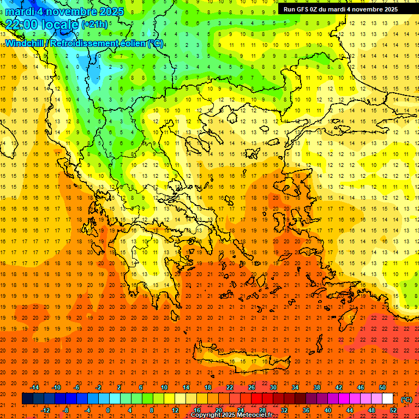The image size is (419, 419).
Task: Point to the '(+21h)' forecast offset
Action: click(x=95, y=25)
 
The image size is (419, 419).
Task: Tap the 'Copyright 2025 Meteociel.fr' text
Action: click(x=231, y=415)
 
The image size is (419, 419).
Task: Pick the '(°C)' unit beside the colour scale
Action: click(x=406, y=399)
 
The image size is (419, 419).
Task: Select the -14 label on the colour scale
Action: click(x=34, y=387)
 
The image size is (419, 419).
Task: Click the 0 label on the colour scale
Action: click(x=108, y=410)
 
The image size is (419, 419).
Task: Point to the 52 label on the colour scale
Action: click(x=393, y=410)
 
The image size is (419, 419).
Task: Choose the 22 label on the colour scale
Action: click(x=229, y=387)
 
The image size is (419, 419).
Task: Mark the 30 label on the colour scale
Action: click(x=273, y=387)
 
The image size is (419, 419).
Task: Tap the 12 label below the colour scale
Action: click(x=175, y=410)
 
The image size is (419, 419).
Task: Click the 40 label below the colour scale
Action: click(x=328, y=410)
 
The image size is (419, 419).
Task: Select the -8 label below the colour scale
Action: click(x=65, y=410)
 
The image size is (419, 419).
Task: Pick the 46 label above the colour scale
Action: click(x=361, y=387)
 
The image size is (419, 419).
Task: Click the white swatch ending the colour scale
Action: click(x=387, y=399)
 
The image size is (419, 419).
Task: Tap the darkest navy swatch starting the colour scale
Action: click(x=27, y=399)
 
